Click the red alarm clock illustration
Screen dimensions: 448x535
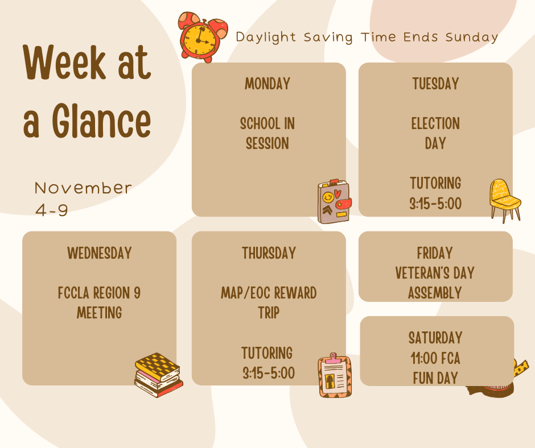click(202, 36)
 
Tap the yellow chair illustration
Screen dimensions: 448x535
click(504, 199)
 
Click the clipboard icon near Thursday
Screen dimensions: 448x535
click(335, 375)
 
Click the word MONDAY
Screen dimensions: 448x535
click(267, 84)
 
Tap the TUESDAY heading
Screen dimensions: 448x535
click(435, 84)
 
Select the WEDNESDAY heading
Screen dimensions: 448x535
click(100, 253)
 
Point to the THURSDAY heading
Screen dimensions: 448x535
click(269, 253)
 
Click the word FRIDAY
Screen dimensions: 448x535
click(435, 253)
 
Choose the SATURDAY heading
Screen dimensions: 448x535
click(435, 338)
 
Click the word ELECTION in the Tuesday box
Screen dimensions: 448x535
click(435, 124)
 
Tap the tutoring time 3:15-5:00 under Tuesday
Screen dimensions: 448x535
click(435, 204)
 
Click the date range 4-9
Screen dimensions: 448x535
click(52, 210)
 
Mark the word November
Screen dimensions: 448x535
click(83, 188)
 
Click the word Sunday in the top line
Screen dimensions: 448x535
click(472, 38)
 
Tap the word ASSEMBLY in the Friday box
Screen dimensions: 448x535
click(435, 293)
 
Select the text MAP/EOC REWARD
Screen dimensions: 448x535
click(269, 293)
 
